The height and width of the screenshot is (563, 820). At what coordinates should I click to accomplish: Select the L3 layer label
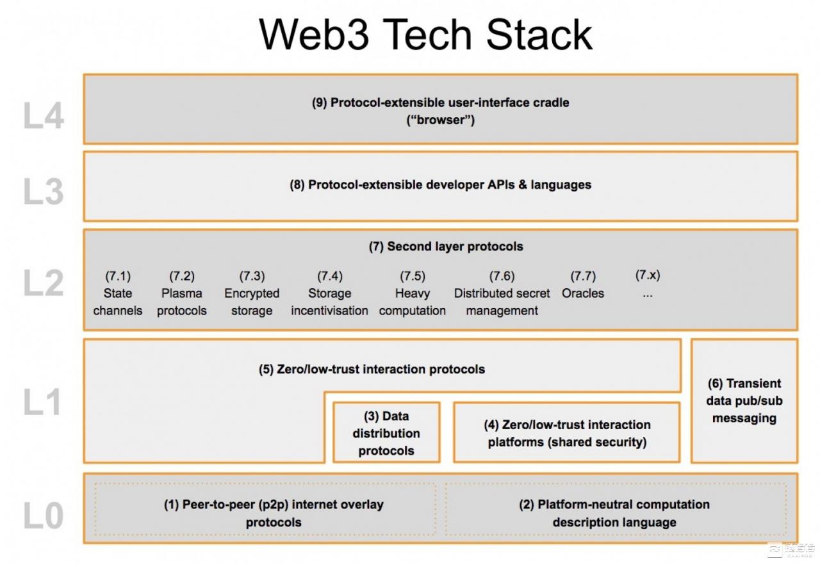44,193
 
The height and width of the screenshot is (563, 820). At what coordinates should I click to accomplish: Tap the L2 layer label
44,282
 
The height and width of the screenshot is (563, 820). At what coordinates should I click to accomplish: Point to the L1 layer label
44,402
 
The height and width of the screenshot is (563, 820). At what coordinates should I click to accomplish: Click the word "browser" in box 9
441,120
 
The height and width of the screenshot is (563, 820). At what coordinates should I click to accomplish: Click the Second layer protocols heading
446,247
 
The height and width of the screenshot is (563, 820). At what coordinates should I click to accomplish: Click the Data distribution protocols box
386,433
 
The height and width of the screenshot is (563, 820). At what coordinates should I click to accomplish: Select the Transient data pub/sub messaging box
744,401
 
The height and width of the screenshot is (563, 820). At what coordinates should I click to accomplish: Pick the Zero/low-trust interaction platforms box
567,433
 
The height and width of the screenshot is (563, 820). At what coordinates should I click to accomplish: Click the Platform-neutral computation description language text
614,513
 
